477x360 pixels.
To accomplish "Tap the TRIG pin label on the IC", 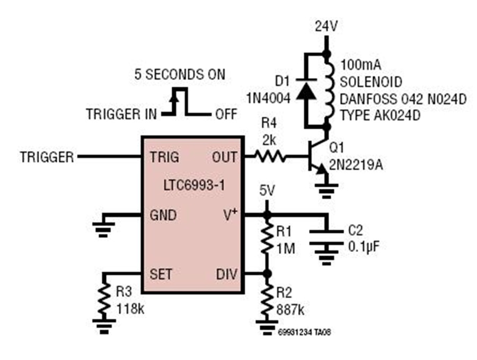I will pos(164,157).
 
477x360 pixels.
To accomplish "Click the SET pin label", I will pos(161,274).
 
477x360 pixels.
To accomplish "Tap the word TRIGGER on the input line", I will pos(47,157).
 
